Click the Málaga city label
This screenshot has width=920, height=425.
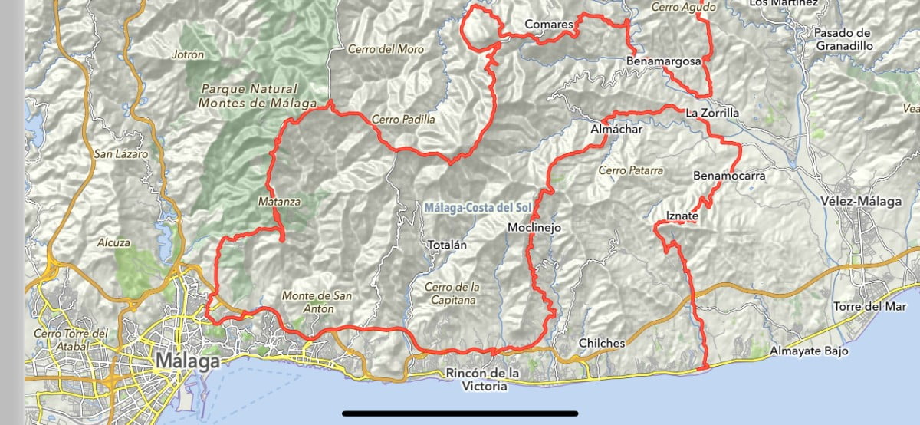[188, 361]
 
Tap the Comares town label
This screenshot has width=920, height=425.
[549, 25]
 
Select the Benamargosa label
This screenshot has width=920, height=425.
[664, 59]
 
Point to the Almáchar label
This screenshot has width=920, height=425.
[616, 130]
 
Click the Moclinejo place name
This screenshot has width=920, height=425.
[535, 228]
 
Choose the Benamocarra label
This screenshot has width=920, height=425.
[729, 176]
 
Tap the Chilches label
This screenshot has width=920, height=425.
[602, 343]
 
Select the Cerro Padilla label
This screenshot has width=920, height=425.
[403, 120]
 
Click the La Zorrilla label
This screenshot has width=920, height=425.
[712, 113]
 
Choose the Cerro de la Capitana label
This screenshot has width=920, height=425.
[452, 294]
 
